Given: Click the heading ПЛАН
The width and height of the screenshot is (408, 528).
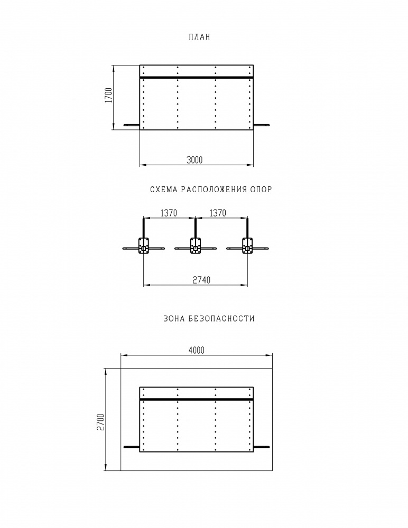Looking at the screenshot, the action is [x=199, y=37].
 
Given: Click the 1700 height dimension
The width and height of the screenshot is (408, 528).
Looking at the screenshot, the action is [x=108, y=95].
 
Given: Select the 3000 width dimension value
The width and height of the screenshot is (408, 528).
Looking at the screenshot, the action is [x=194, y=159].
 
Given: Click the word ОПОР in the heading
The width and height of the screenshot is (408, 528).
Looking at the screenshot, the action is [x=261, y=190].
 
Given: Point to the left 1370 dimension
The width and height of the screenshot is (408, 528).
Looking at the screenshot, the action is [x=169, y=213].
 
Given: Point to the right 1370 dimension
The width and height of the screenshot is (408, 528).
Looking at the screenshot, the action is [x=218, y=213].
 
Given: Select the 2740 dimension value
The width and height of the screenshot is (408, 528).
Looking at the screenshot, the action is [x=201, y=280].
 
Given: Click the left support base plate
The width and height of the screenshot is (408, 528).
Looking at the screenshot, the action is [x=143, y=246].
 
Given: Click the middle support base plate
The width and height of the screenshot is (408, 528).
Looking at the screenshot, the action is [x=196, y=246].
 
